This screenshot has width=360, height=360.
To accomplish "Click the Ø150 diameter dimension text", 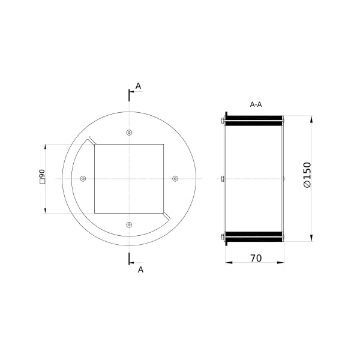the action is (307, 175).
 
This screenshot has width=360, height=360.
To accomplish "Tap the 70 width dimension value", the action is (256, 258).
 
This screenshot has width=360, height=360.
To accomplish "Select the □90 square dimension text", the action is (42, 176).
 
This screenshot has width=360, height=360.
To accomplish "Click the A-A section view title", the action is (256, 104).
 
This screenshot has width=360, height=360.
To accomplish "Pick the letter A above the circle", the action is (138, 86).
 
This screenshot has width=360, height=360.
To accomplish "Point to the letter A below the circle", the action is (140, 270).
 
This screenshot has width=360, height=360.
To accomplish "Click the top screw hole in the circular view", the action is (129, 133).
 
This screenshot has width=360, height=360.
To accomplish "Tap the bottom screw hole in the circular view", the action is (129, 224).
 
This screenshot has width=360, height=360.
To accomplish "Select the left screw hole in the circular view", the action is (83, 178).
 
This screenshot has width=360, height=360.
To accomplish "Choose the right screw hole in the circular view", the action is (175, 178).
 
